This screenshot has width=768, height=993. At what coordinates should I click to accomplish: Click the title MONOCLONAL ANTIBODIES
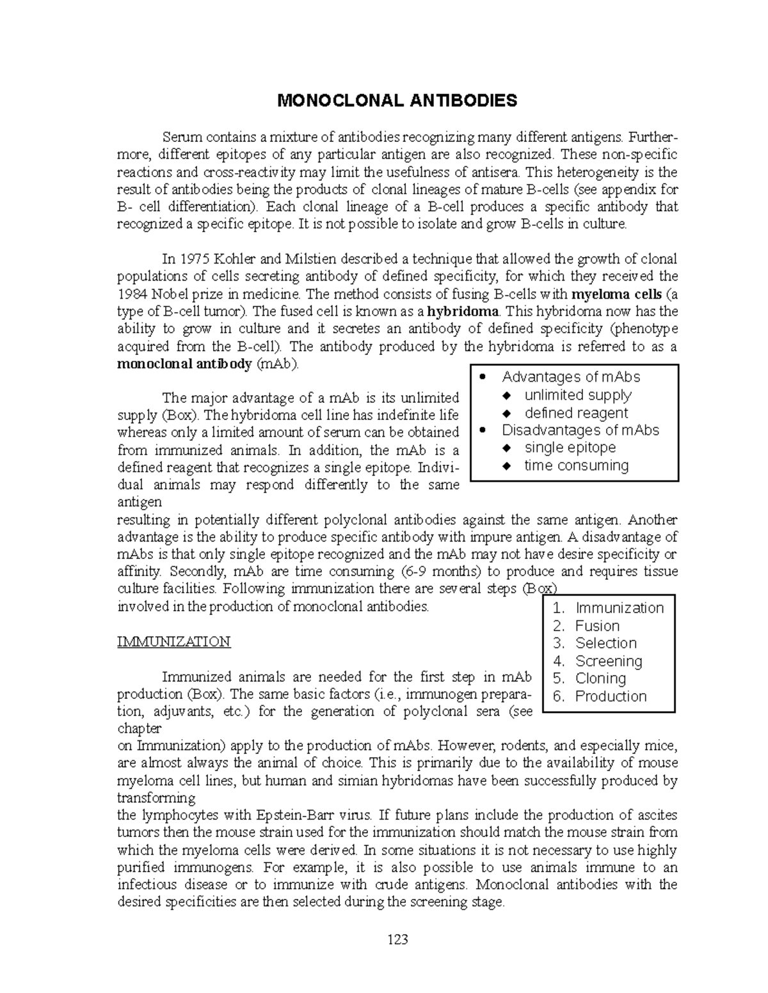(x=396, y=100)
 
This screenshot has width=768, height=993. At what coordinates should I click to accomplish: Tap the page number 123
(x=396, y=939)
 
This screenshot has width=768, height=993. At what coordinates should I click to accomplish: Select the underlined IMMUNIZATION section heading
(x=173, y=641)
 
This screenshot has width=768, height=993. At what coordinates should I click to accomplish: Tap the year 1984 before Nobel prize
(x=132, y=294)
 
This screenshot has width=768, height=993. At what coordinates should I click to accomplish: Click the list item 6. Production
(x=600, y=696)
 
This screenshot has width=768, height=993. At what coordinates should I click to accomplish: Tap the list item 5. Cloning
(x=590, y=678)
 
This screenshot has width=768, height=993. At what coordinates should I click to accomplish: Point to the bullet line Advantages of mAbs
(x=570, y=377)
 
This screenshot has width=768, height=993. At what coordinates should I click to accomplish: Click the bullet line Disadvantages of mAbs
(x=580, y=430)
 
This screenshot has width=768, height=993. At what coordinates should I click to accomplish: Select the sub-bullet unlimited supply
(x=577, y=395)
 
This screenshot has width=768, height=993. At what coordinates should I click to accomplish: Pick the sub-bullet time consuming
(x=576, y=465)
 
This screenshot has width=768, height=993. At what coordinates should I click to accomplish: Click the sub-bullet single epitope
(x=570, y=448)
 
